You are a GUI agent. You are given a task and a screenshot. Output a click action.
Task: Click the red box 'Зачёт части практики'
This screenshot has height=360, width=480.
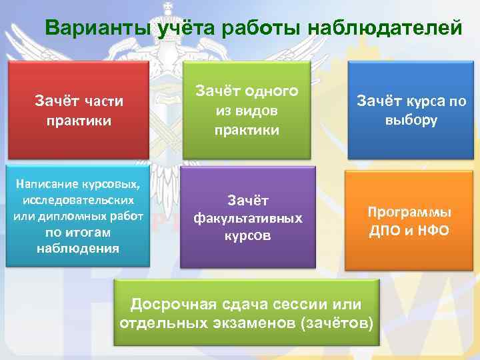click(78, 110)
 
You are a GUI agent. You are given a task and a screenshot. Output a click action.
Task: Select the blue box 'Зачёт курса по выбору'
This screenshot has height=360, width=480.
click(411, 110)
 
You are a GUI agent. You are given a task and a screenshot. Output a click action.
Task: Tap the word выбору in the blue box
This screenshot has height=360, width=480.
click(411, 121)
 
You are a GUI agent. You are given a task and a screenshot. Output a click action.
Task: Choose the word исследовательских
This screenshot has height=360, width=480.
click(78, 200)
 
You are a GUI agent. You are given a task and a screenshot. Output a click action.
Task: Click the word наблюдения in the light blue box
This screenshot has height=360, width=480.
click(78, 249)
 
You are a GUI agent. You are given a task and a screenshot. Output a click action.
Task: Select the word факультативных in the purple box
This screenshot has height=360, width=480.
click(247, 218)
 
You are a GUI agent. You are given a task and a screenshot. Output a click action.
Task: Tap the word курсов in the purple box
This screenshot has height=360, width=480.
click(247, 235)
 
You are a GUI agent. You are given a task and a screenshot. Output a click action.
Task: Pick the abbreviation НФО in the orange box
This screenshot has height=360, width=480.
click(434, 231)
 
